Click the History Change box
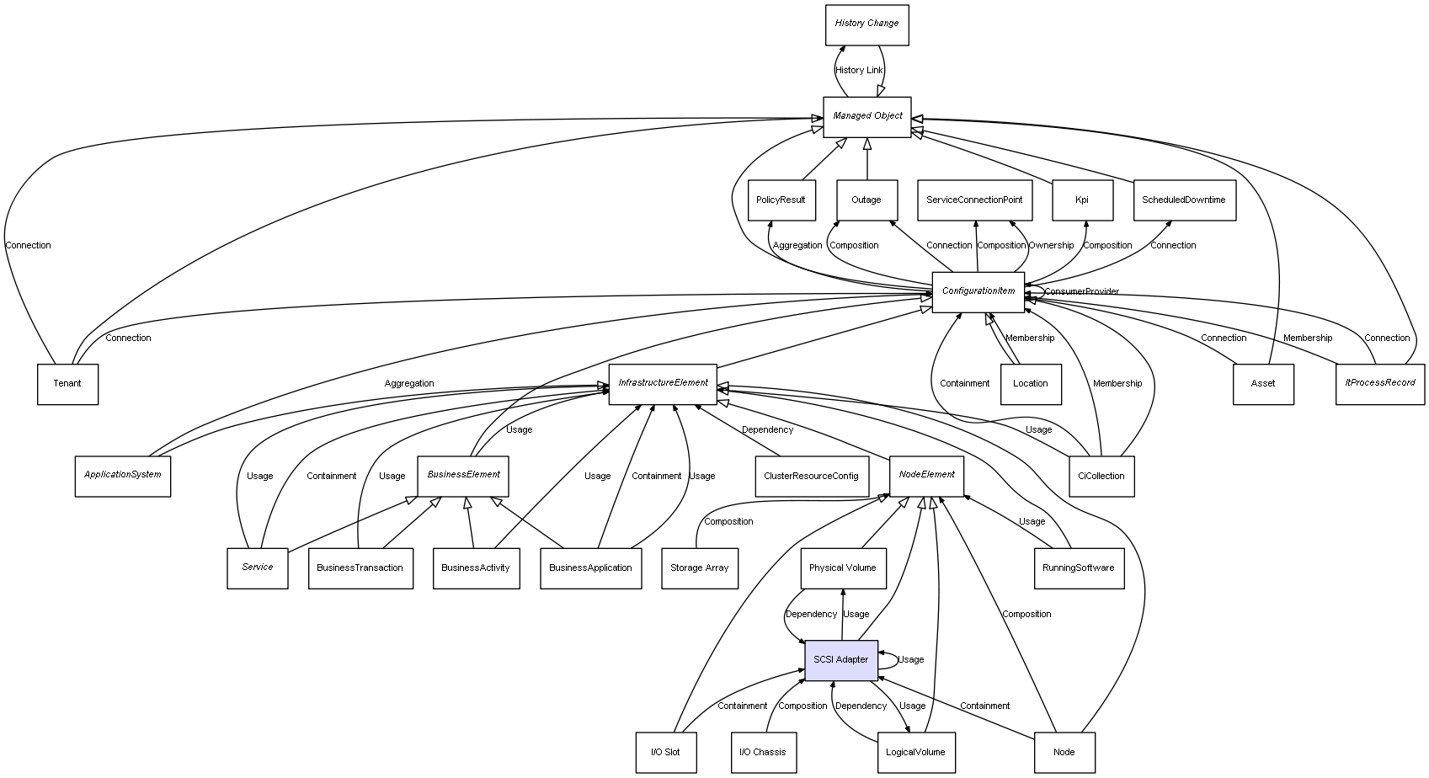866,24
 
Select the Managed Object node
867,116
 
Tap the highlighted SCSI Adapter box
841,660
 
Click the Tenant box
67,384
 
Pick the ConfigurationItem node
978,292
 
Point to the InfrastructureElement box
663,384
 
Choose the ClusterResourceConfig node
811,477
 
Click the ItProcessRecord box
1380,384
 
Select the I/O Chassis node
762,753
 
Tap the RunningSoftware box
1078,568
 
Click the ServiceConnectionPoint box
974,200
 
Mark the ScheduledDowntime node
1184,200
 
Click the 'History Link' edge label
859,71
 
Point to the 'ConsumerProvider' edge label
1082,292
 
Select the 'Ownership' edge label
1051,246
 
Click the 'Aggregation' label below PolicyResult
797,246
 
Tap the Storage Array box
700,568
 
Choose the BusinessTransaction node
360,568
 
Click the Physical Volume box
842,568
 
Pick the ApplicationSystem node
123,476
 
